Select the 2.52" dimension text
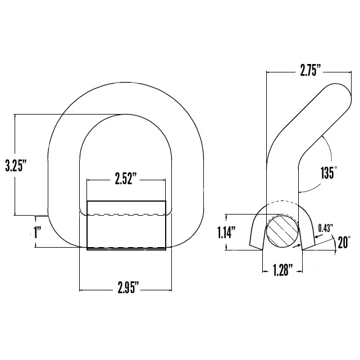[x=126, y=179]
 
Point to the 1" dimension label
[x=38, y=232]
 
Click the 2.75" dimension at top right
[x=310, y=71]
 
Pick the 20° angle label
[x=344, y=243]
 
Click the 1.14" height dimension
[x=226, y=232]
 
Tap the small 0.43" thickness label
[x=326, y=227]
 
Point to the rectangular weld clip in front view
[x=126, y=225]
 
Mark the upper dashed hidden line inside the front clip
[x=126, y=215]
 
